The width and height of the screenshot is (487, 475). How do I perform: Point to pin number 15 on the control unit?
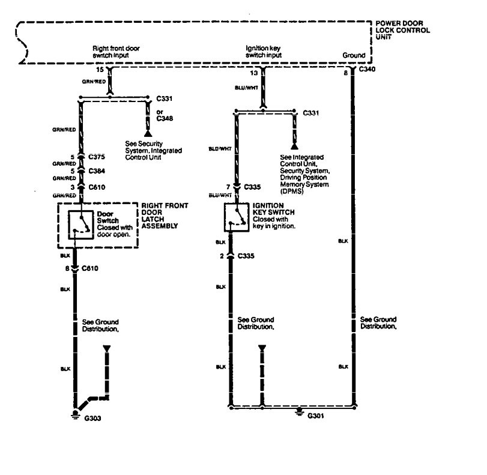click(100, 70)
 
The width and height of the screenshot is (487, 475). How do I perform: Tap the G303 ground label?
click(92, 418)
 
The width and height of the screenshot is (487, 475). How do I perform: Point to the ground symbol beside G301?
click(298, 413)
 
